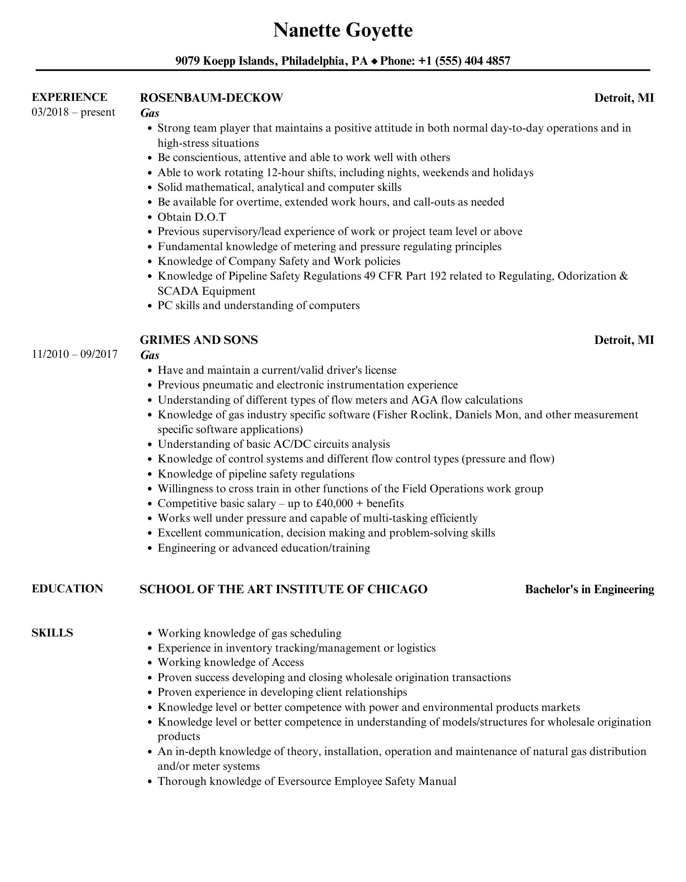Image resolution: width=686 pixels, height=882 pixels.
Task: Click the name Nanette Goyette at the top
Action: tap(343, 31)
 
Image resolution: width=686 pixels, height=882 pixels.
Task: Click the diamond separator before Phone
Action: tap(374, 62)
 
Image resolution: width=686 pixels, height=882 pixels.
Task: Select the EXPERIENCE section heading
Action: tap(69, 98)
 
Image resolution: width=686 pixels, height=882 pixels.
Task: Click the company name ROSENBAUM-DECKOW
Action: tap(211, 98)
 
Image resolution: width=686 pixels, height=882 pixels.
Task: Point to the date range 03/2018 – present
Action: tap(73, 112)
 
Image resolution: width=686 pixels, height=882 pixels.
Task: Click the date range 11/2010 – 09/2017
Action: tap(74, 354)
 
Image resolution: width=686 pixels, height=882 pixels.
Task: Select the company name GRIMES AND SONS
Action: tap(198, 340)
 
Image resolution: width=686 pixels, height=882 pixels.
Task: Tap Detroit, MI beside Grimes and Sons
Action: tap(624, 340)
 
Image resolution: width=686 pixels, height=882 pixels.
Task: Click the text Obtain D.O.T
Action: tap(192, 217)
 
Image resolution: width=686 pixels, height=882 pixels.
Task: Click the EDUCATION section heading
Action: tap(67, 589)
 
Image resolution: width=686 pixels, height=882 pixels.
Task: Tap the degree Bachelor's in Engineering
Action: tap(589, 589)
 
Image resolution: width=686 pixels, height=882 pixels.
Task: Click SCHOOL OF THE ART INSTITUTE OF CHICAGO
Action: tap(283, 589)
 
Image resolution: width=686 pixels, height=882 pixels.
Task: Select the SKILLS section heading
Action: tap(52, 633)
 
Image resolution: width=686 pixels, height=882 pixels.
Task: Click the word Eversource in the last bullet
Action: tap(304, 781)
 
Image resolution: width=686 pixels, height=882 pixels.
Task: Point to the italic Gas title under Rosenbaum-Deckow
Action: tap(150, 113)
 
